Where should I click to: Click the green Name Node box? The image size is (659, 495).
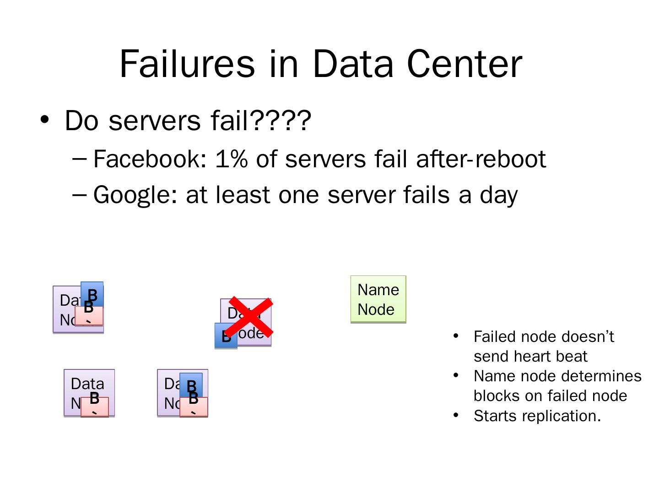378,299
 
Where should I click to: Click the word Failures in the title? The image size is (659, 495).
187,64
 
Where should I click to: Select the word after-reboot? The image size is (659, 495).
481,159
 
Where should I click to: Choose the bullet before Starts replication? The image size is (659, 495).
456,415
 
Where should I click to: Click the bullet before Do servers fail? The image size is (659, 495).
44,120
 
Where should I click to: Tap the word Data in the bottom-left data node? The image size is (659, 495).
87,383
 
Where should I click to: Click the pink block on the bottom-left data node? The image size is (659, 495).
95,407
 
